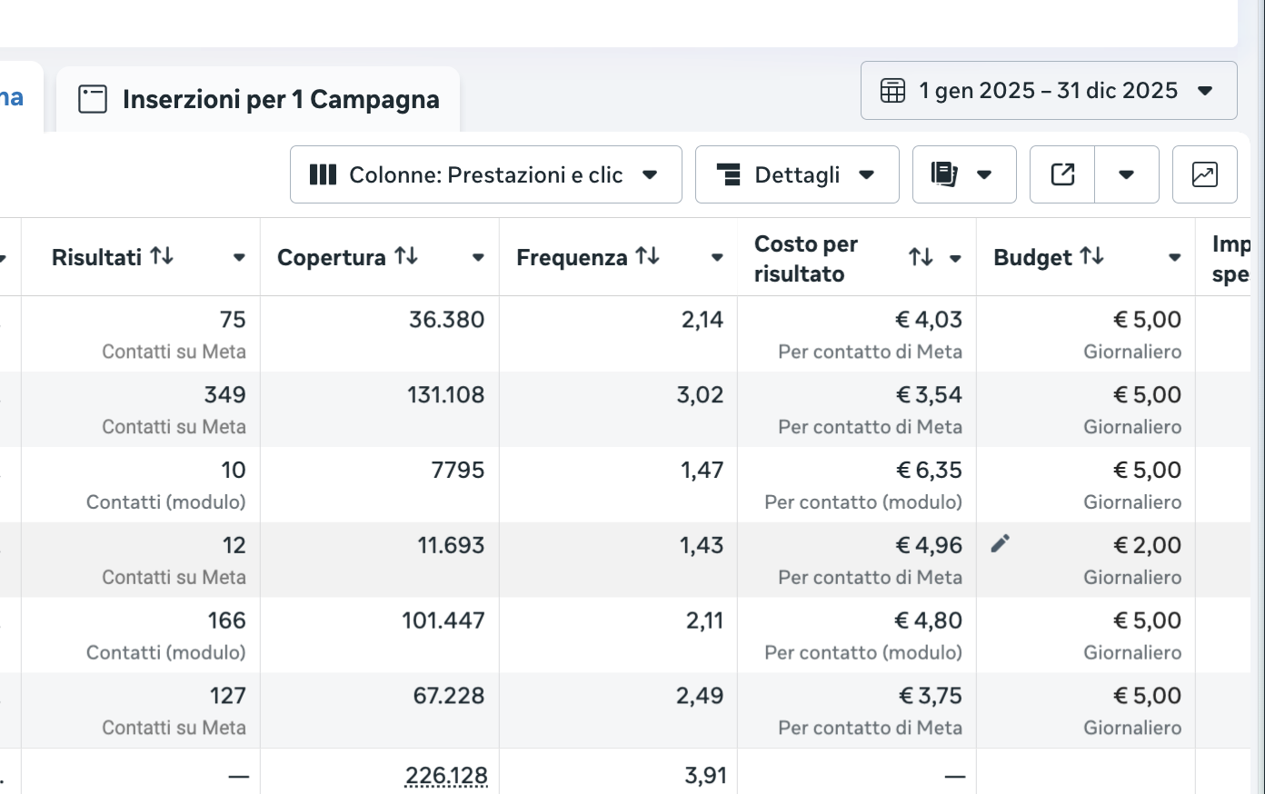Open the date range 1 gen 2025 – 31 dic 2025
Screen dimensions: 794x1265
pyautogui.click(x=1048, y=91)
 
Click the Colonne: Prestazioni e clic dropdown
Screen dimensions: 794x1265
pyautogui.click(x=485, y=174)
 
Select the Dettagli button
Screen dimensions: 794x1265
pyautogui.click(x=796, y=174)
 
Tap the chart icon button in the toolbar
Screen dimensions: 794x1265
pyautogui.click(x=1204, y=174)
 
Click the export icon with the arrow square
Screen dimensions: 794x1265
pyautogui.click(x=1062, y=174)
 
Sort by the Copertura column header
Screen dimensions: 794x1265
pyautogui.click(x=332, y=258)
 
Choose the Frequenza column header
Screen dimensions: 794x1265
pyautogui.click(x=572, y=258)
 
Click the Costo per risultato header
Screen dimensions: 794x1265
pyautogui.click(x=806, y=259)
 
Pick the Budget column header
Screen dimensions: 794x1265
pyautogui.click(x=1033, y=258)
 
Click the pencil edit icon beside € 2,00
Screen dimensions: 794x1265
pyautogui.click(x=1001, y=544)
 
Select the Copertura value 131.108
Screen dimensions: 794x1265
pyautogui.click(x=445, y=395)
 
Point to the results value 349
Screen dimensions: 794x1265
pyautogui.click(x=224, y=395)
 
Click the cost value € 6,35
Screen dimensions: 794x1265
pyautogui.click(x=929, y=471)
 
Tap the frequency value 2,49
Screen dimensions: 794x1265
pyautogui.click(x=700, y=696)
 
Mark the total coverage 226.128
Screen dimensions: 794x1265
pyautogui.click(x=446, y=776)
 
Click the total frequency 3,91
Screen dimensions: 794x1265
pyautogui.click(x=705, y=776)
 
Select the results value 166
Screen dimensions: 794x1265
pyautogui.click(x=226, y=620)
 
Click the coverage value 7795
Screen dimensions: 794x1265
pyautogui.click(x=458, y=471)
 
